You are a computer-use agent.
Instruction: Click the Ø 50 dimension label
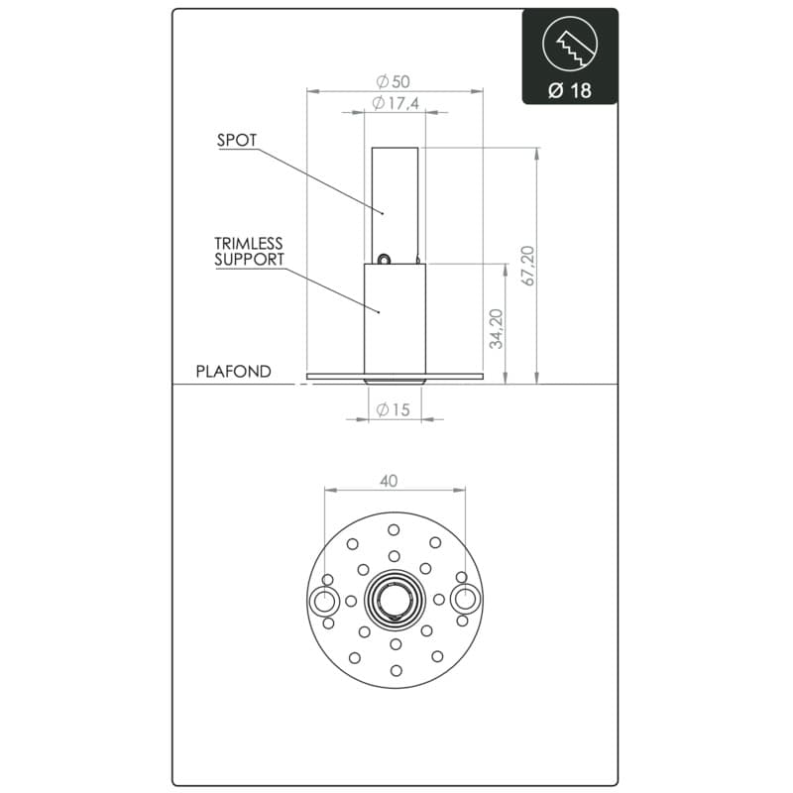click(x=393, y=81)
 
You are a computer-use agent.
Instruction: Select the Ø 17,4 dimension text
click(x=396, y=103)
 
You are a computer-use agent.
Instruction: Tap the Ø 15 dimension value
click(x=393, y=409)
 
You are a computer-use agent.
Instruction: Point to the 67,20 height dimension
click(x=528, y=266)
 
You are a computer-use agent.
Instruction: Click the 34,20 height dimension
click(x=497, y=329)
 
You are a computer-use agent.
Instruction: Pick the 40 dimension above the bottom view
click(x=389, y=481)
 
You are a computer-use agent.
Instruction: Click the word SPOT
click(x=237, y=140)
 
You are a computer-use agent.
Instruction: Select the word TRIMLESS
click(x=249, y=243)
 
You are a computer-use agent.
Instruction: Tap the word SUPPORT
click(x=250, y=260)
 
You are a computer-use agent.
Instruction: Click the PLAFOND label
click(x=233, y=372)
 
